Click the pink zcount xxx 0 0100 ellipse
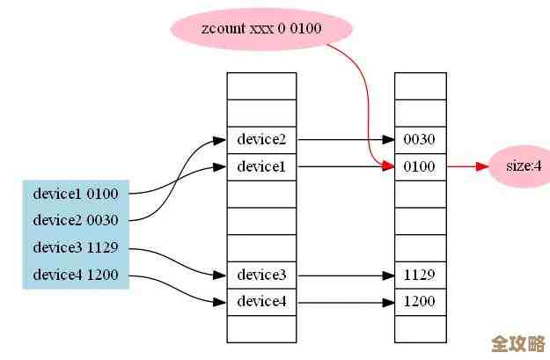(x=261, y=29)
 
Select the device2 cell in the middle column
(x=261, y=139)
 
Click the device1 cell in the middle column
(x=261, y=165)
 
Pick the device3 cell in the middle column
(x=261, y=275)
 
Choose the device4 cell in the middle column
(x=261, y=301)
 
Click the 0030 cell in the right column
(x=420, y=139)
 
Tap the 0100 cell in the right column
(x=420, y=165)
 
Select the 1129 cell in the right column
(x=420, y=275)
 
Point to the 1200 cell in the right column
(x=420, y=301)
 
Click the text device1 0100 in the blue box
(x=75, y=193)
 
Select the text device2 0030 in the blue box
(x=75, y=220)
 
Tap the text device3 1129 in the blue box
(x=75, y=247)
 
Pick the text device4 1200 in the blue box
(x=75, y=275)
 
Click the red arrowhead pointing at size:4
(x=481, y=165)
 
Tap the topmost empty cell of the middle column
(x=261, y=85)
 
